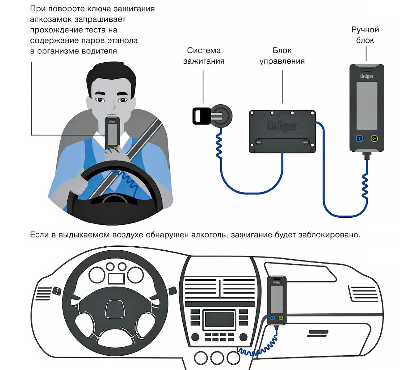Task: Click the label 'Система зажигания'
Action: pos(204,56)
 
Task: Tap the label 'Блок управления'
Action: pos(282,56)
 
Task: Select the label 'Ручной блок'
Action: pos(365,35)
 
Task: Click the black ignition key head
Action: pos(201,116)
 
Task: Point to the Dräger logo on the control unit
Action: pos(282,126)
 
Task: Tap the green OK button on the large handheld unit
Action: pos(374,139)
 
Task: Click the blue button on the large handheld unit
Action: pos(360,139)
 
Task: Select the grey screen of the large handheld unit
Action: pos(367,106)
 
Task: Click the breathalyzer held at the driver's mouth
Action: pos(112,133)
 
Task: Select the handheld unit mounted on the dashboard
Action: pos(277,300)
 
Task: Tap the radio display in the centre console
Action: pos(219,319)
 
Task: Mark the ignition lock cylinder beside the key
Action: pos(222,116)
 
